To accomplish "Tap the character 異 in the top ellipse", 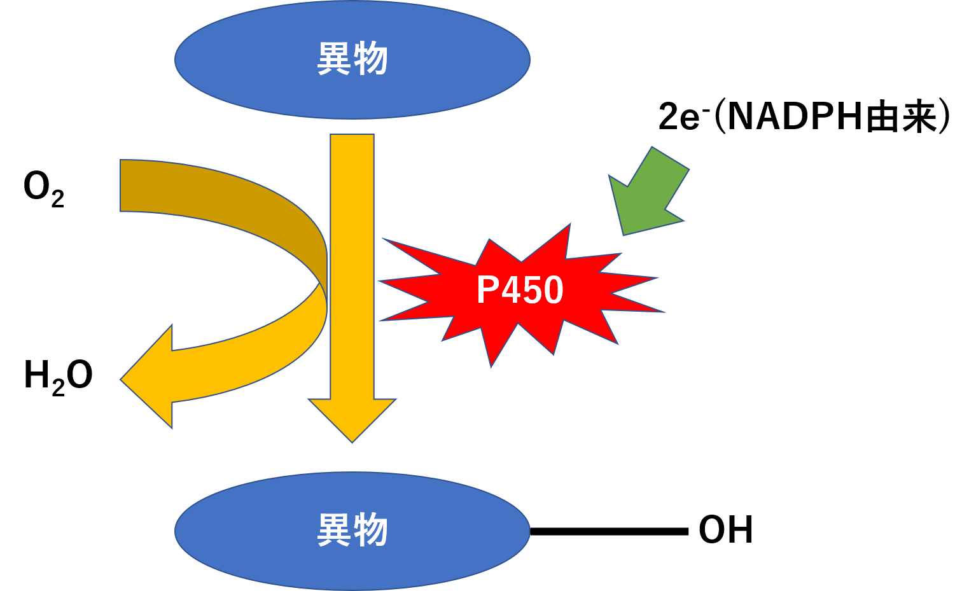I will click(x=333, y=59).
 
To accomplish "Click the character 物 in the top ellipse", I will click(x=370, y=59).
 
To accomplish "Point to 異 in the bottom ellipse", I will click(x=333, y=530).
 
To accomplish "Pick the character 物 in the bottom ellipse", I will click(x=370, y=530).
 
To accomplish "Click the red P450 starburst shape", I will click(x=522, y=318).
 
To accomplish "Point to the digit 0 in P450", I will click(x=553, y=290).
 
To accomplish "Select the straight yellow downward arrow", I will click(x=352, y=254).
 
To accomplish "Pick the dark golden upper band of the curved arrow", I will click(x=223, y=191).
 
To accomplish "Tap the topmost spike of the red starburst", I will click(x=568, y=227).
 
